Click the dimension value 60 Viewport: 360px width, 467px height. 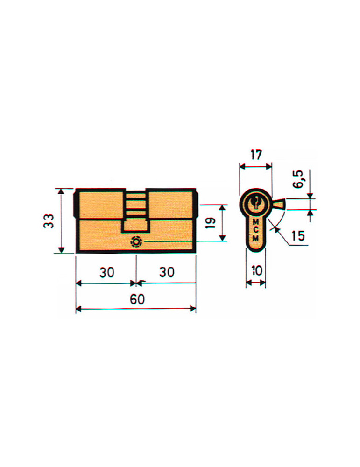click(x=137, y=299)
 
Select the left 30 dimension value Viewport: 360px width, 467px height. click(x=107, y=272)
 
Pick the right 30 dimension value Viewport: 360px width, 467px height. click(x=167, y=272)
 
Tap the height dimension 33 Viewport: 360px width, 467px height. click(x=49, y=221)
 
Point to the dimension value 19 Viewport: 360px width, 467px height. click(x=210, y=223)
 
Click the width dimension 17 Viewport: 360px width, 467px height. click(x=256, y=155)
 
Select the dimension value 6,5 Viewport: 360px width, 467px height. click(x=298, y=179)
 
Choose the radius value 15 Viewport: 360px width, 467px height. click(x=298, y=236)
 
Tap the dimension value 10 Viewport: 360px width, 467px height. click(x=255, y=271)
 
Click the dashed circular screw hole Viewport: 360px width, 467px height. click(x=136, y=242)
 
